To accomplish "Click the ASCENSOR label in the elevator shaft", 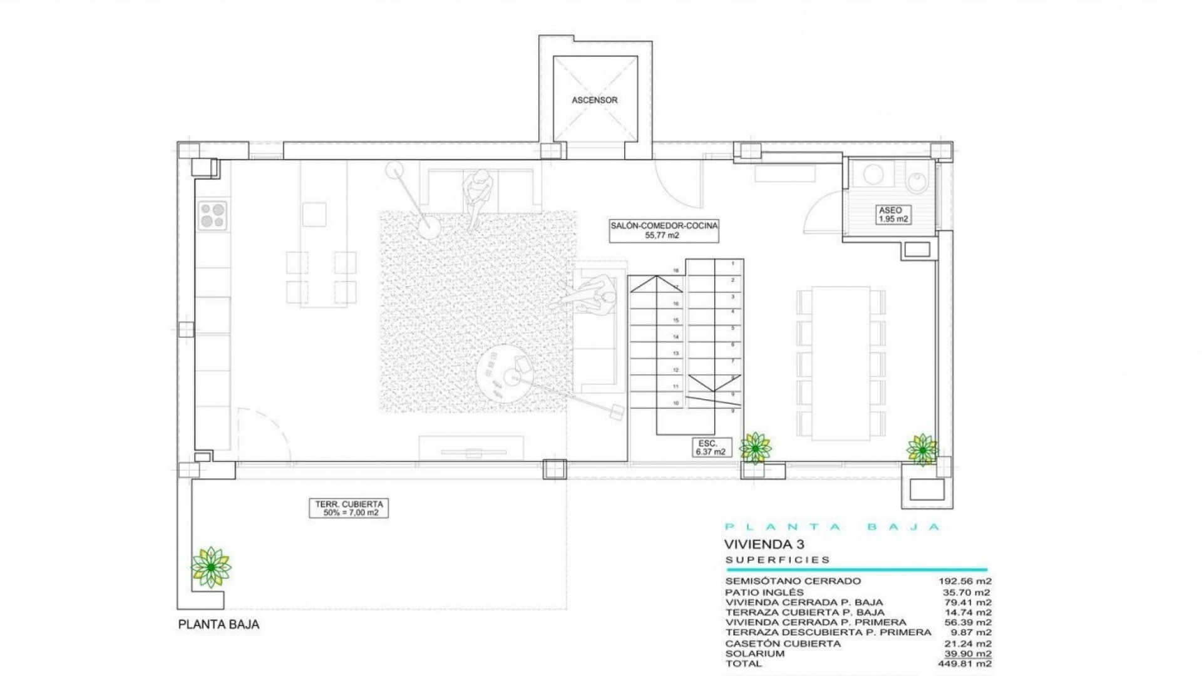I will pyautogui.click(x=594, y=100).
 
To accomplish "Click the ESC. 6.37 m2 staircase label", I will pyautogui.click(x=711, y=447).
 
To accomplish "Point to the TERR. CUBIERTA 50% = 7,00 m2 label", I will pyautogui.click(x=348, y=508).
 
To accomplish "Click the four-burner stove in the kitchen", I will pyautogui.click(x=212, y=215).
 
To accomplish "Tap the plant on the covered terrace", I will pyautogui.click(x=211, y=566).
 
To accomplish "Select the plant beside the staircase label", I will pyautogui.click(x=756, y=448).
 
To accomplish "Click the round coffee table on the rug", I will pyautogui.click(x=505, y=376).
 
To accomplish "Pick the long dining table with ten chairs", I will pyautogui.click(x=841, y=363).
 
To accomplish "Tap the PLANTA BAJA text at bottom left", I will pyautogui.click(x=218, y=625).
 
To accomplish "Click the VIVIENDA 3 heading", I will pyautogui.click(x=764, y=543).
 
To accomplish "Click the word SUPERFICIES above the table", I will pyautogui.click(x=778, y=560).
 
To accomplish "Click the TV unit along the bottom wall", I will pyautogui.click(x=471, y=449).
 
